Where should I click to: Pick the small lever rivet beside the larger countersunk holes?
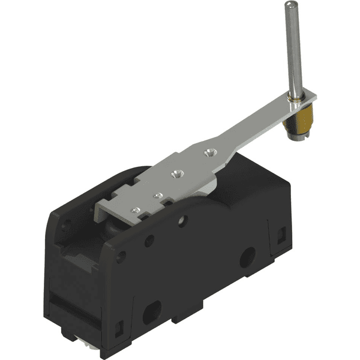(x=159, y=196)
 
